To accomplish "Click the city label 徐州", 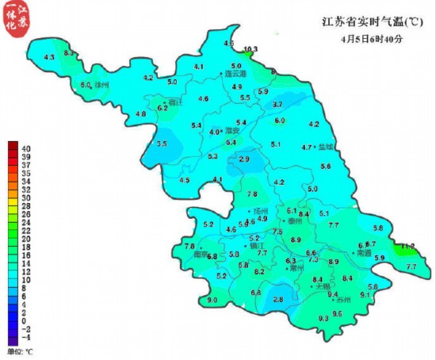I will [x=101, y=83].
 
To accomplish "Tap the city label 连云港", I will [x=236, y=74].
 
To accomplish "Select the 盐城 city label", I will [x=326, y=147].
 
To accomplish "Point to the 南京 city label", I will [x=202, y=255].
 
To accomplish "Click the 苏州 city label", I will [x=343, y=301].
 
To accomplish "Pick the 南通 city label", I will [x=362, y=254].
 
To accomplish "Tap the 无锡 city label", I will [x=323, y=287].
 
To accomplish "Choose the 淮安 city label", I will [x=232, y=130].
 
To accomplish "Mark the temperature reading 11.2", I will [x=407, y=247].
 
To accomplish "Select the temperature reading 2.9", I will [x=244, y=159].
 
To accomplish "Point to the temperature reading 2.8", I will [x=277, y=299].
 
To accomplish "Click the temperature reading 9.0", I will [x=212, y=301].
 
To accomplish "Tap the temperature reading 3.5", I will [x=162, y=144].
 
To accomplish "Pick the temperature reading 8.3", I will [x=69, y=52].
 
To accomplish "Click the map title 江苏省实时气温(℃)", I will [x=366, y=21].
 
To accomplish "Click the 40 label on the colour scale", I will [x=27, y=147].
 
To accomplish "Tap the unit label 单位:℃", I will [x=20, y=350].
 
